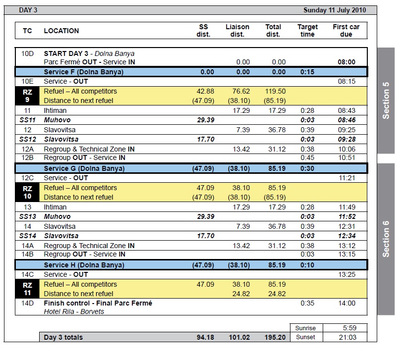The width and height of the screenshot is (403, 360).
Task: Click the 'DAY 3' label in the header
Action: (28, 10)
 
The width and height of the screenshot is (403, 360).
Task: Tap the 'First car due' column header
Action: (346, 31)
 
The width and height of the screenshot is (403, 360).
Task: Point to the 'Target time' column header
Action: (307, 31)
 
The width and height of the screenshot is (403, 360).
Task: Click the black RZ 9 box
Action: (27, 96)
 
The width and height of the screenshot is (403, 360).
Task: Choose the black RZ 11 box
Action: (27, 289)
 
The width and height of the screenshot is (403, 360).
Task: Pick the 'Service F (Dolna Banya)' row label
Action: (83, 72)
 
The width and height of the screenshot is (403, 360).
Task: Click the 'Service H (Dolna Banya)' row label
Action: (84, 265)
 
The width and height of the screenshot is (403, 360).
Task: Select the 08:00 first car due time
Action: (346, 62)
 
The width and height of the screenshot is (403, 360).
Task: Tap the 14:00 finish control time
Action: (346, 303)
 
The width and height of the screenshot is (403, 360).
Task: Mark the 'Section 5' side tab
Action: (386, 101)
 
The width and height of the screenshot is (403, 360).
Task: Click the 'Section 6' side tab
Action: (386, 239)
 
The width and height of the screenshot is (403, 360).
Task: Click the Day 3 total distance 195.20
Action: (275, 337)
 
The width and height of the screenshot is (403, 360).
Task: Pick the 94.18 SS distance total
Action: (204, 337)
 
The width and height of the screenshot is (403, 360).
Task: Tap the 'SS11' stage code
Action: (28, 120)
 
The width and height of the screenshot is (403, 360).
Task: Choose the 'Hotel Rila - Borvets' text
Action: (74, 311)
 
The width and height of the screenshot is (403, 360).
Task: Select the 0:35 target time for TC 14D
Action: (307, 303)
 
